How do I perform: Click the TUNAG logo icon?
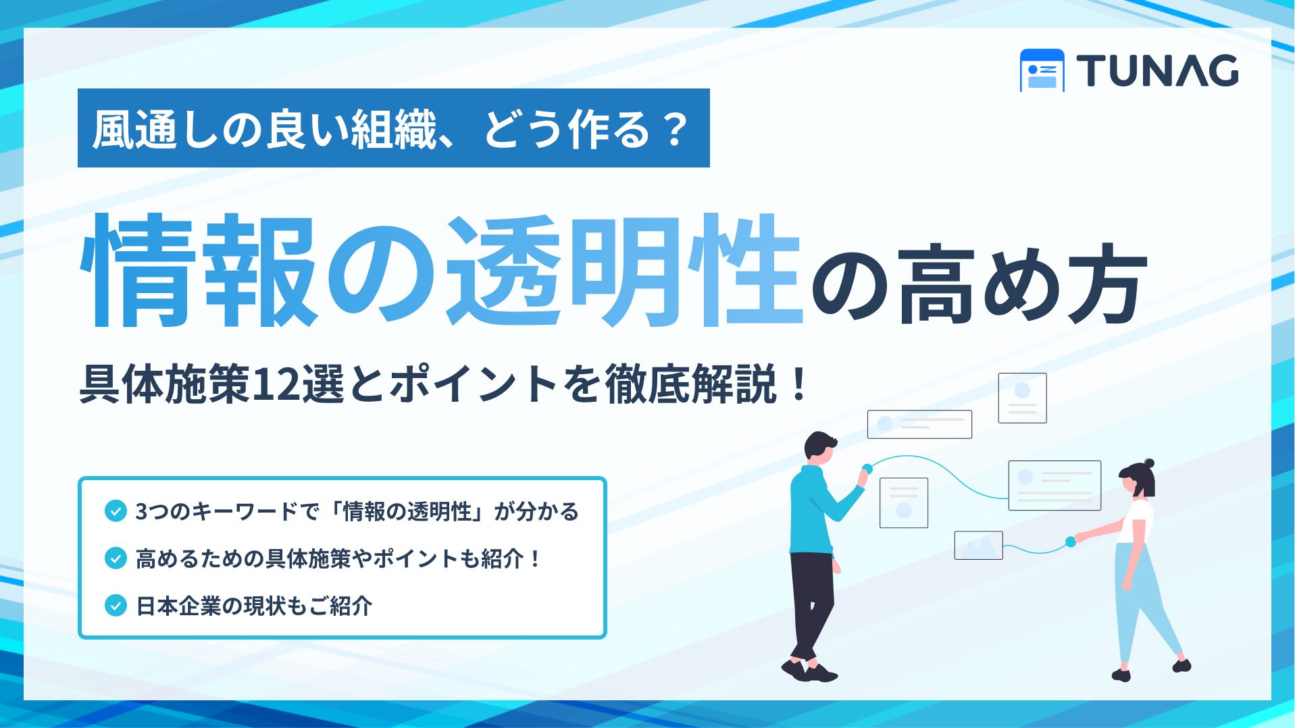coord(1042,70)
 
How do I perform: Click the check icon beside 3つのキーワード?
coord(116,511)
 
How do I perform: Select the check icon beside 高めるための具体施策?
coord(116,558)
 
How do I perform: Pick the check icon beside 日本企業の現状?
coord(116,605)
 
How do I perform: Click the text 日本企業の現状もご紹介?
coord(254,606)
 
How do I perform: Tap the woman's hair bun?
coord(1149,464)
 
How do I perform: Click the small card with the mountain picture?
coord(978,546)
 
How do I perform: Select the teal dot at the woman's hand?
coord(1070,542)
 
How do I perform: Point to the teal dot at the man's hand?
coord(867,469)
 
